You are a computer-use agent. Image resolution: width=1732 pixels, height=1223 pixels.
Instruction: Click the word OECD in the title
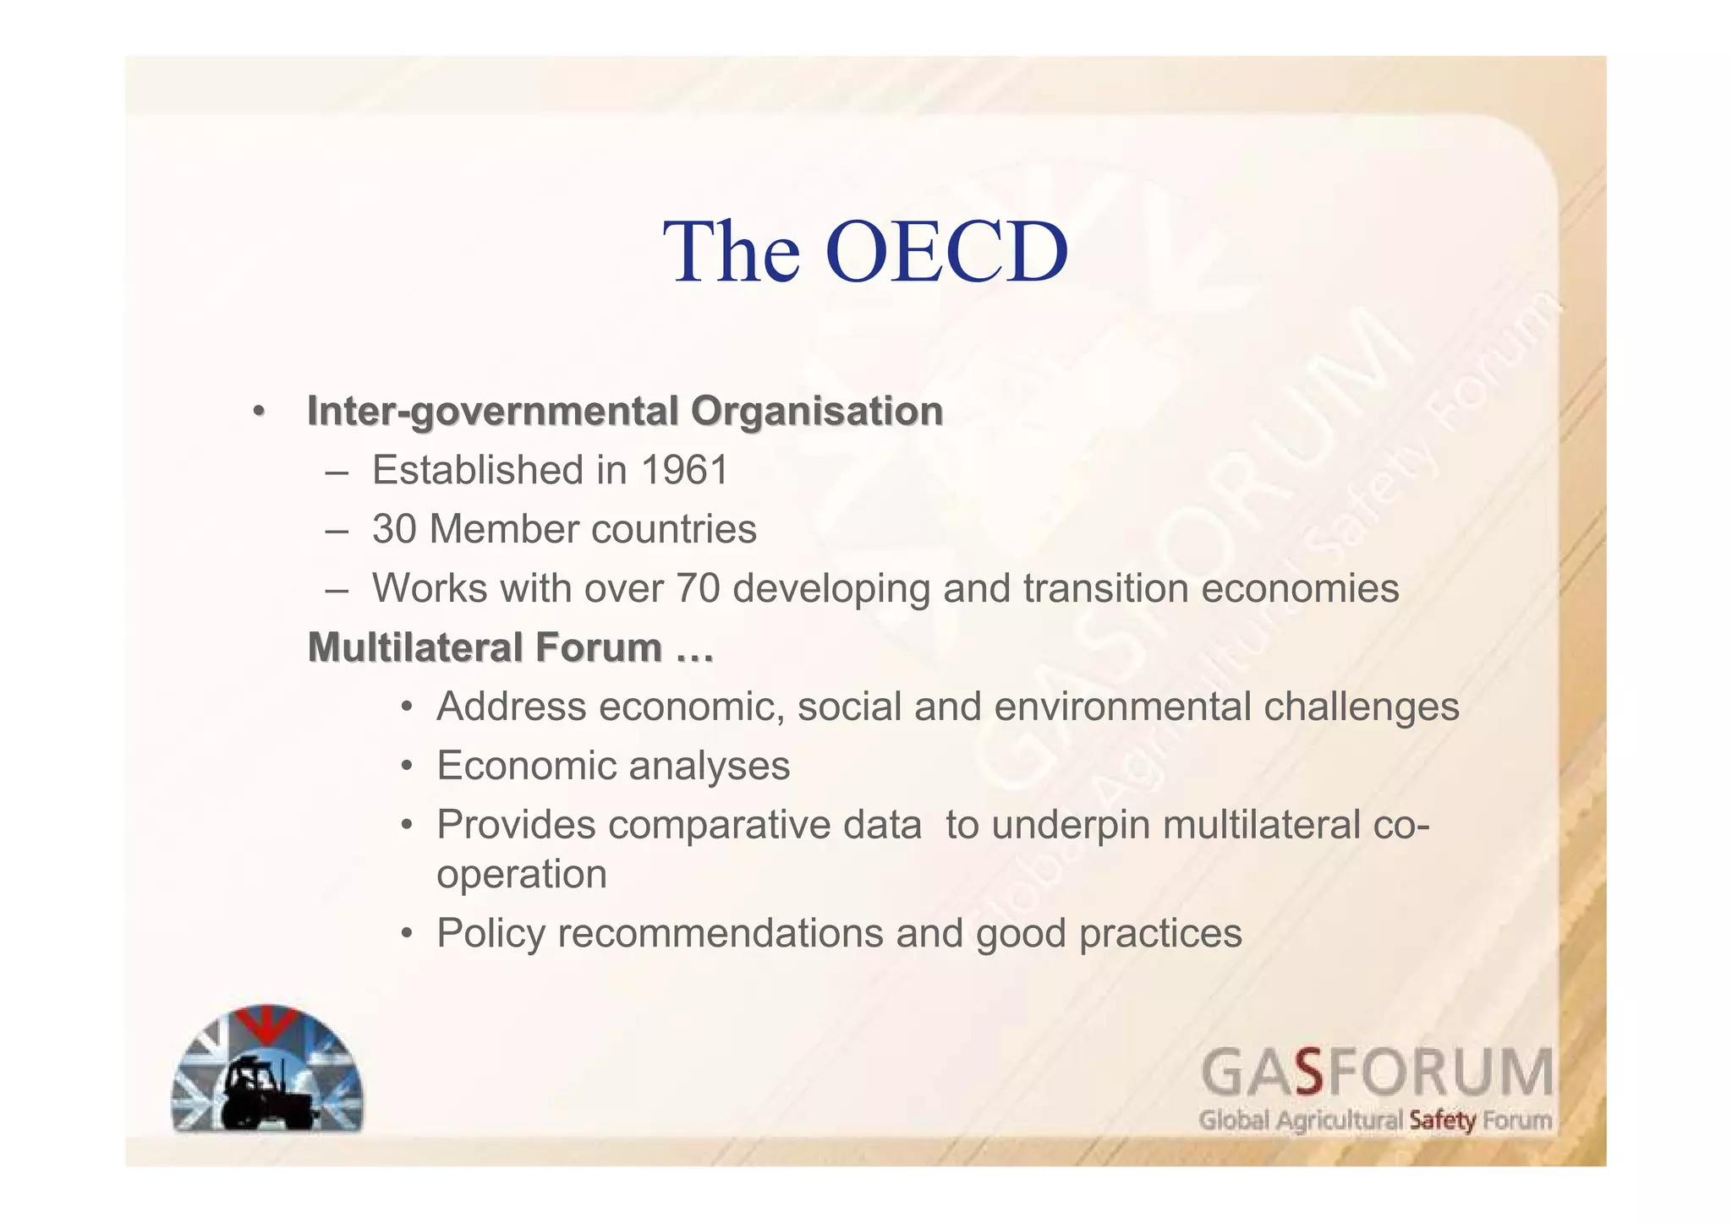pyautogui.click(x=946, y=252)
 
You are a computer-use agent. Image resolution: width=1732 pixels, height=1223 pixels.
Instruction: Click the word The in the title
pyautogui.click(x=732, y=252)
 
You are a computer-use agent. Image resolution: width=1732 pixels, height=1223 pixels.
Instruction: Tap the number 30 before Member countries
pyautogui.click(x=394, y=530)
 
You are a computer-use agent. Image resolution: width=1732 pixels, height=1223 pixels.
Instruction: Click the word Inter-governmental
pyautogui.click(x=493, y=412)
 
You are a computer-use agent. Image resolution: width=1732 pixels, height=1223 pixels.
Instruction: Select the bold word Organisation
pyautogui.click(x=817, y=412)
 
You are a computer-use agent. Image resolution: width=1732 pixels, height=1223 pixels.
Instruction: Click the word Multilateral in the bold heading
pyautogui.click(x=414, y=647)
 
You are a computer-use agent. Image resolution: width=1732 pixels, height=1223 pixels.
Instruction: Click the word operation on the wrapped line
pyautogui.click(x=522, y=874)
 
